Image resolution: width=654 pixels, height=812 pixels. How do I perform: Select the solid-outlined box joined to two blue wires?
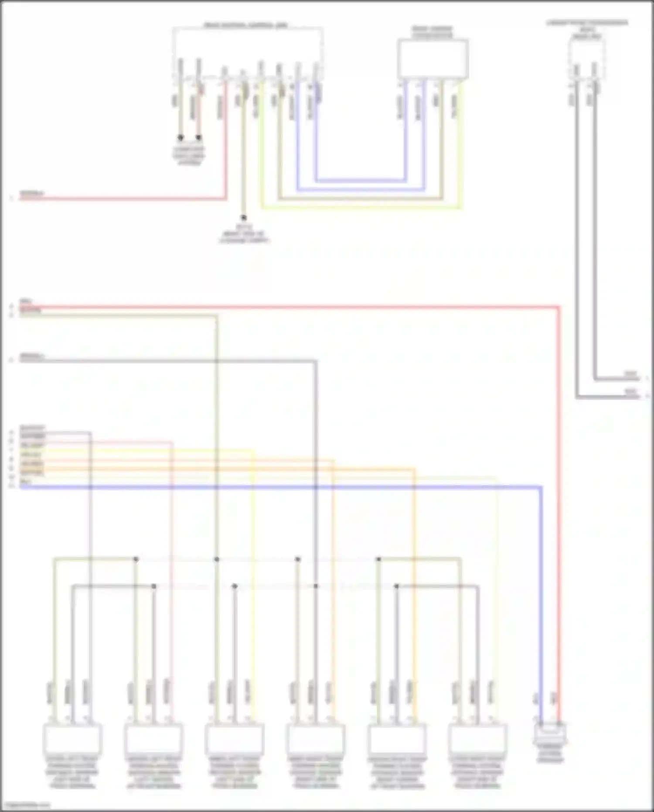point(433,59)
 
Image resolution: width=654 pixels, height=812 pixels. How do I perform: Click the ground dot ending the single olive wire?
point(244,217)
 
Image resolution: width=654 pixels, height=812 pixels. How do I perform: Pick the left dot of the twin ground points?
point(181,138)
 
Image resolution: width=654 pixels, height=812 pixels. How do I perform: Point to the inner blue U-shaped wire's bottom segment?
point(361,180)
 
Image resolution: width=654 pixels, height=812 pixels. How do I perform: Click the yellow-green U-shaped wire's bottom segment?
point(361,208)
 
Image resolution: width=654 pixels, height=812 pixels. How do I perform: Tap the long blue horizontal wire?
point(279,487)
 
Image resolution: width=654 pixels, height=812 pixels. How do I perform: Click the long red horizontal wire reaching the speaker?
point(288,307)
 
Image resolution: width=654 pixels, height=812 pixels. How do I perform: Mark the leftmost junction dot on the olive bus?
point(136,559)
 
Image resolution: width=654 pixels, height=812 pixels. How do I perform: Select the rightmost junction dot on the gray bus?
point(396,586)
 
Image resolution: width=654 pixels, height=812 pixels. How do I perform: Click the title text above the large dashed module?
point(246,25)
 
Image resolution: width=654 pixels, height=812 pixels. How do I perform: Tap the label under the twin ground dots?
point(189,156)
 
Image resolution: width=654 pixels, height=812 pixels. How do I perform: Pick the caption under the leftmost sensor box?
point(72,772)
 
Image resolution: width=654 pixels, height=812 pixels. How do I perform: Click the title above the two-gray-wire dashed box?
point(587,29)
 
